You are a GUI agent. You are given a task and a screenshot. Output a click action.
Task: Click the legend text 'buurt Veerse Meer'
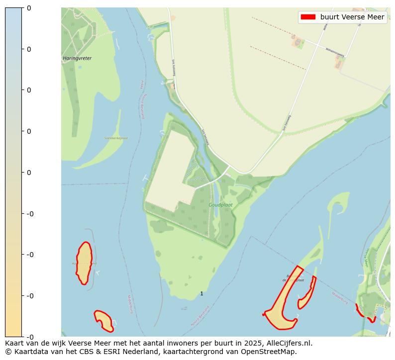click(352, 17)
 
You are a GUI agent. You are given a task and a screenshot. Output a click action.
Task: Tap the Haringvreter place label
click(77, 58)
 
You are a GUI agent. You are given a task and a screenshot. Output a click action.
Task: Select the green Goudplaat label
click(220, 204)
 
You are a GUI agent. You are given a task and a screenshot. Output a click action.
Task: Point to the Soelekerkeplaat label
click(116, 138)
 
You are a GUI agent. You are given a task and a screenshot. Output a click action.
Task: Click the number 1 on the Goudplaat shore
click(201, 294)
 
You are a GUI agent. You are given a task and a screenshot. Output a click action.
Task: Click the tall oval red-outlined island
click(84, 263)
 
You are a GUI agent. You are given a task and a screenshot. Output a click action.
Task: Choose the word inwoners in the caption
click(191, 343)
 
